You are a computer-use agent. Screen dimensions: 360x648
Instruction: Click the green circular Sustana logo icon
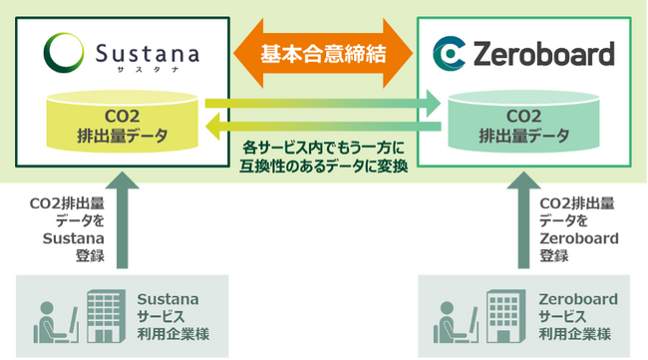coord(64,50)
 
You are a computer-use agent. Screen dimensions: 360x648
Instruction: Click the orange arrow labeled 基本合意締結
coord(324,52)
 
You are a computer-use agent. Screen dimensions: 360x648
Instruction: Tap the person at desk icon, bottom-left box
coord(49,319)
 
